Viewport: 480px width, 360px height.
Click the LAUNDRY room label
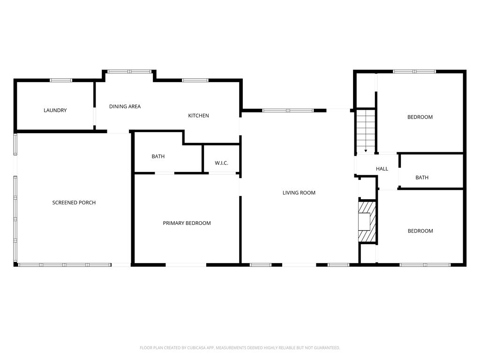(55, 110)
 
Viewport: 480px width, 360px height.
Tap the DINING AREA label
(125, 106)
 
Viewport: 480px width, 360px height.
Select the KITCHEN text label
(198, 116)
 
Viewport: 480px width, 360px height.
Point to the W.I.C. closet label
(221, 163)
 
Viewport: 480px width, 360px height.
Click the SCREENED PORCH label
(74, 202)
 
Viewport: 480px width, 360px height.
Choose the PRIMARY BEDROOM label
(187, 223)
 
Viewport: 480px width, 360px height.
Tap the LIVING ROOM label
(299, 193)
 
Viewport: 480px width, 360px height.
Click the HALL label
(382, 169)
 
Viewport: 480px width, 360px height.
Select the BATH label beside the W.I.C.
(158, 157)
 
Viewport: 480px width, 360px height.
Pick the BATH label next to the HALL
(422, 178)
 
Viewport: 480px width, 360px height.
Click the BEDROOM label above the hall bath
(420, 117)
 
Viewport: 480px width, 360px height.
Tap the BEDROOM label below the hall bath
(420, 231)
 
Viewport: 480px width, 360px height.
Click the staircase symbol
(366, 131)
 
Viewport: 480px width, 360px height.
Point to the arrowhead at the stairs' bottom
(366, 151)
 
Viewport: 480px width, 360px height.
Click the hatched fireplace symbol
(367, 222)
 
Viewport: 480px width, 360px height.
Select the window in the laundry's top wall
(61, 81)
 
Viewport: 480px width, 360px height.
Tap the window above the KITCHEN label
(195, 81)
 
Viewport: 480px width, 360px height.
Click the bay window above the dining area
(129, 72)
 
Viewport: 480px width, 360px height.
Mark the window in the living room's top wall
(288, 111)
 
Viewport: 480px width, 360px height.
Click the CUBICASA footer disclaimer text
(240, 348)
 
